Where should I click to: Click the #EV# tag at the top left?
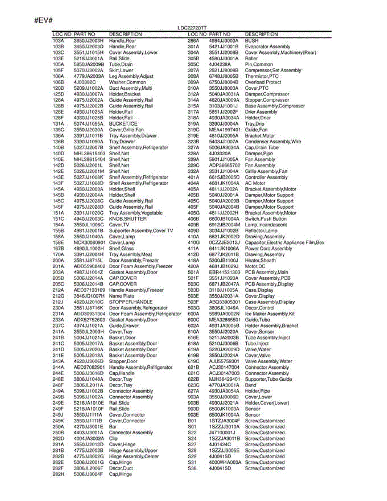coord(43,20)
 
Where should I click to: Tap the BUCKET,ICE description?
coord(123,124)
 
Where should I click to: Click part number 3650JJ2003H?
coord(88,41)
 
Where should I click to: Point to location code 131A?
coord(58,124)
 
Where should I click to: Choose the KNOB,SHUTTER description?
coord(128,219)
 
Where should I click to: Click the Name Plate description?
coord(121,296)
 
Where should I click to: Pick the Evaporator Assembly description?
coord(267,47)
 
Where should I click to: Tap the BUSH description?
coord(252,41)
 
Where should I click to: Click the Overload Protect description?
coord(263,82)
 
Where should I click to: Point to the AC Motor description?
coord(255,183)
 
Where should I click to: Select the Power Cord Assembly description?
coord(268,248)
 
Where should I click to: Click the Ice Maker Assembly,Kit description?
coord(270,314)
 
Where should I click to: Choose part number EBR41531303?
coord(225,272)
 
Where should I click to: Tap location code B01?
coord(192,421)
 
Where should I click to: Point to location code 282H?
coord(58,474)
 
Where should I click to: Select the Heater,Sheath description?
coord(260,261)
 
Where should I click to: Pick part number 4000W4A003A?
coord(225,463)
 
